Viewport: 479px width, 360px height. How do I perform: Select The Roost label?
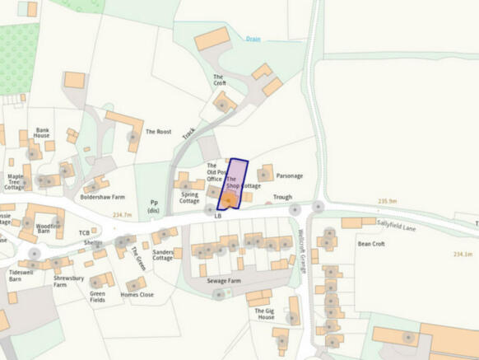coord(158,132)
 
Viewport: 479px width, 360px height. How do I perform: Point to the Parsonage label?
coord(290,175)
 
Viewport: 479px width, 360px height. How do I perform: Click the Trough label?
coord(282,197)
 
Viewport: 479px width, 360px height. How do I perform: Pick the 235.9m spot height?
coord(387,201)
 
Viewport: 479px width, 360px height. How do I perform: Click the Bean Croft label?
coord(371,244)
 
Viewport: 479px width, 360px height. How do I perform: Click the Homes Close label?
coord(137,295)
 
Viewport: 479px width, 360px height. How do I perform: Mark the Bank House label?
coord(42,136)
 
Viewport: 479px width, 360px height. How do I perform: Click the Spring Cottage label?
coord(189,197)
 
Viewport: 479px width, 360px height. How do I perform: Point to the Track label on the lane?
coord(189,132)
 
